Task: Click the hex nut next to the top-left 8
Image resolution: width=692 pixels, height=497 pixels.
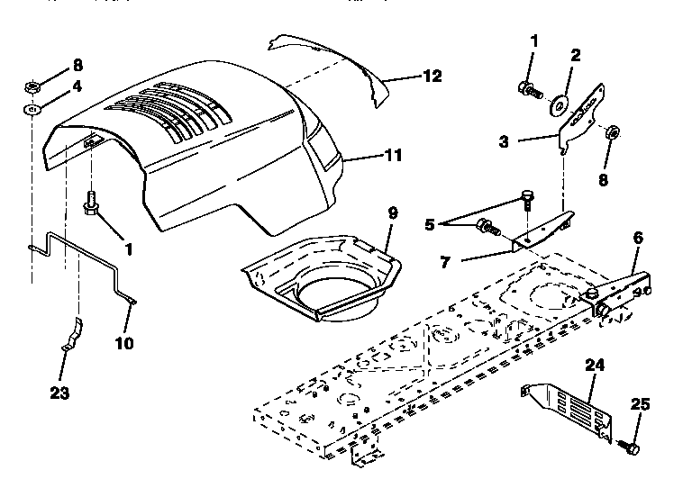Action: coord(30,88)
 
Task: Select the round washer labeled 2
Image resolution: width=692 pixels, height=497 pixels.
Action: coord(559,104)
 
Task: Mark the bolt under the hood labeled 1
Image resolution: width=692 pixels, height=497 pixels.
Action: coord(90,205)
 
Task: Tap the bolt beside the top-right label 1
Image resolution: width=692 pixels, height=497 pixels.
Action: coord(529,89)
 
